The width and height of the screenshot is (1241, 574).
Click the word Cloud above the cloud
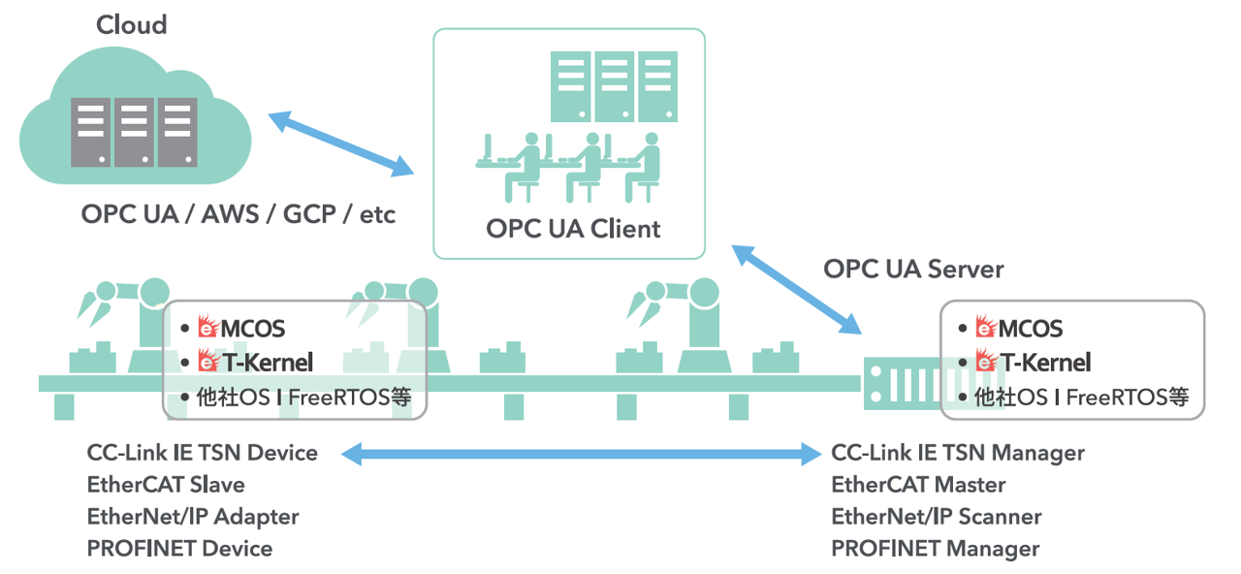point(132,24)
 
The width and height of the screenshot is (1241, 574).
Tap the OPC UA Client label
point(573,229)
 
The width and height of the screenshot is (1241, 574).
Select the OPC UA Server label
point(913,269)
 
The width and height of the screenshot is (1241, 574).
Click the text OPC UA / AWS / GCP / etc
point(239,213)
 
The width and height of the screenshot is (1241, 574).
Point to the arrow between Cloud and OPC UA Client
point(340,143)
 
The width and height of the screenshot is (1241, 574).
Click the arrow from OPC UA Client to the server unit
point(796,289)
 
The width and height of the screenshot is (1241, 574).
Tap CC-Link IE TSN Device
point(202,453)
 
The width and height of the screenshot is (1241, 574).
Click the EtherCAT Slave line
point(166,485)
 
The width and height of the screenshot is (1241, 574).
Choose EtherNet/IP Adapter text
point(193,517)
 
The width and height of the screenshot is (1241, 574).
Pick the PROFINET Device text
point(179,549)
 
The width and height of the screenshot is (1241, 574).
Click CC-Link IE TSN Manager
point(958,453)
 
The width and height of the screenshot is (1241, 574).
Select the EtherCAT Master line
point(918,485)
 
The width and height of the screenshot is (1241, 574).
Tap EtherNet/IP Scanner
point(937,517)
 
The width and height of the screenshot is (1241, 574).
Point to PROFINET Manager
point(935,549)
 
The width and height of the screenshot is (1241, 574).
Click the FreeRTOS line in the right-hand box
point(1081,397)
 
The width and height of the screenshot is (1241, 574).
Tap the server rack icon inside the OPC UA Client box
point(614,85)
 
